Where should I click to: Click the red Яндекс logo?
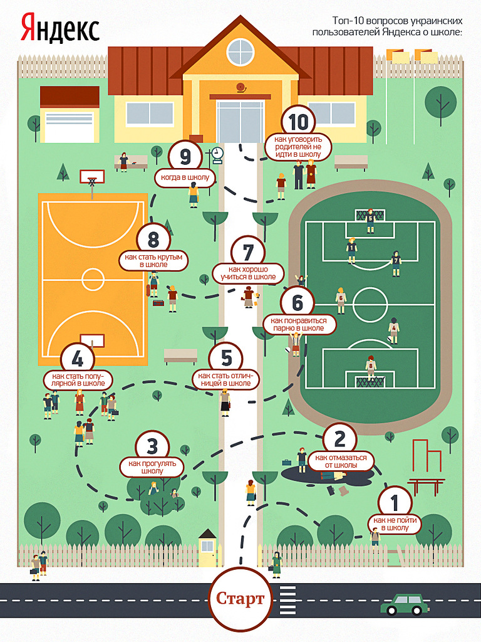point(60,28)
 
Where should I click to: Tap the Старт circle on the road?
point(240,598)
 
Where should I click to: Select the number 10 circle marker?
point(298,122)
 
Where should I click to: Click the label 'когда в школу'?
point(185,177)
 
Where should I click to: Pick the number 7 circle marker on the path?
point(248,252)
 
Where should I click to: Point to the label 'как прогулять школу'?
point(152,467)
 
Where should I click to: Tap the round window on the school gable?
point(240,52)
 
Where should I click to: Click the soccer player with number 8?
point(371,367)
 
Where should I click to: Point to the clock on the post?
point(217,154)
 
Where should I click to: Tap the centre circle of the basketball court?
point(93,279)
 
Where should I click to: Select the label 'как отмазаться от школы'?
point(341,461)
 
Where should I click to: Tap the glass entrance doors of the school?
point(240,122)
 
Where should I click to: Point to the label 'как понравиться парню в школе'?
point(299,324)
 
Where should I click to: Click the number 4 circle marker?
point(77,360)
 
